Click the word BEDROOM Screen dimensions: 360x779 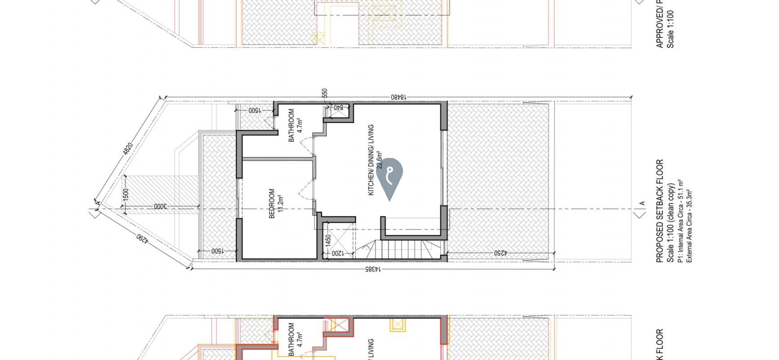coord(272,203)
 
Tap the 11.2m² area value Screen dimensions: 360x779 coord(280,203)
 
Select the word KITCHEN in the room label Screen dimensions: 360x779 coord(372,184)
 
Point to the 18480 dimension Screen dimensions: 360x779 coord(398,97)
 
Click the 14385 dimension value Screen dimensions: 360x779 coord(372,269)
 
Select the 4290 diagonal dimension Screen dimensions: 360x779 coord(142,237)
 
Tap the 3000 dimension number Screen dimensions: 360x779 coord(160,207)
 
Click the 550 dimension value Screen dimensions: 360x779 coord(325,93)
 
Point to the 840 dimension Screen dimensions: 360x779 coord(339,108)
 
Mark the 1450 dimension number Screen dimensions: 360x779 coord(328,240)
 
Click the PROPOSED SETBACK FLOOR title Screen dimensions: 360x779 coord(660,211)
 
